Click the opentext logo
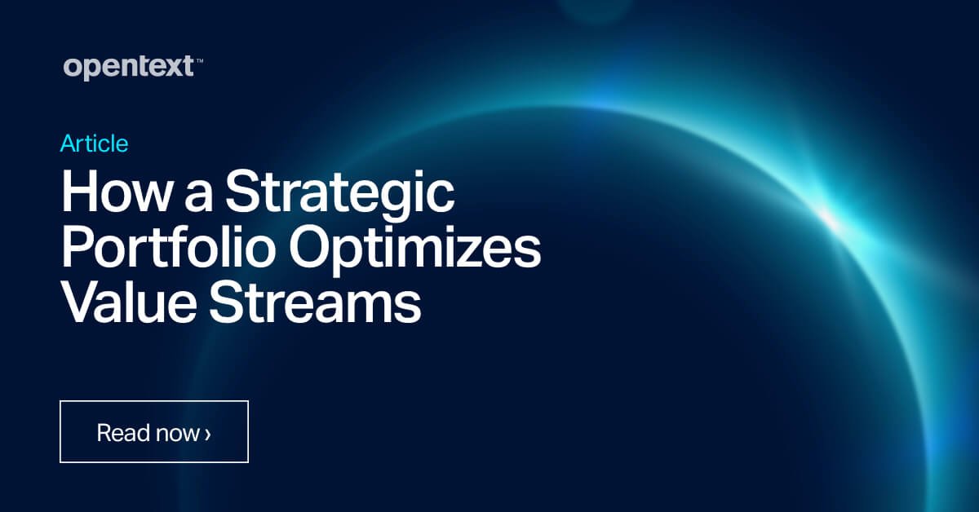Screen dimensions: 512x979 [x=127, y=67]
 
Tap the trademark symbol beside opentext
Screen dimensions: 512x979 [x=199, y=60]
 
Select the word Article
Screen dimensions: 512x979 [x=94, y=144]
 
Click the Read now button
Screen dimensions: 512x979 [x=154, y=432]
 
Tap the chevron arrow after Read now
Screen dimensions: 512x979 [x=208, y=433]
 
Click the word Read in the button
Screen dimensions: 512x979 [x=122, y=432]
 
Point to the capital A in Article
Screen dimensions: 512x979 [x=68, y=144]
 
